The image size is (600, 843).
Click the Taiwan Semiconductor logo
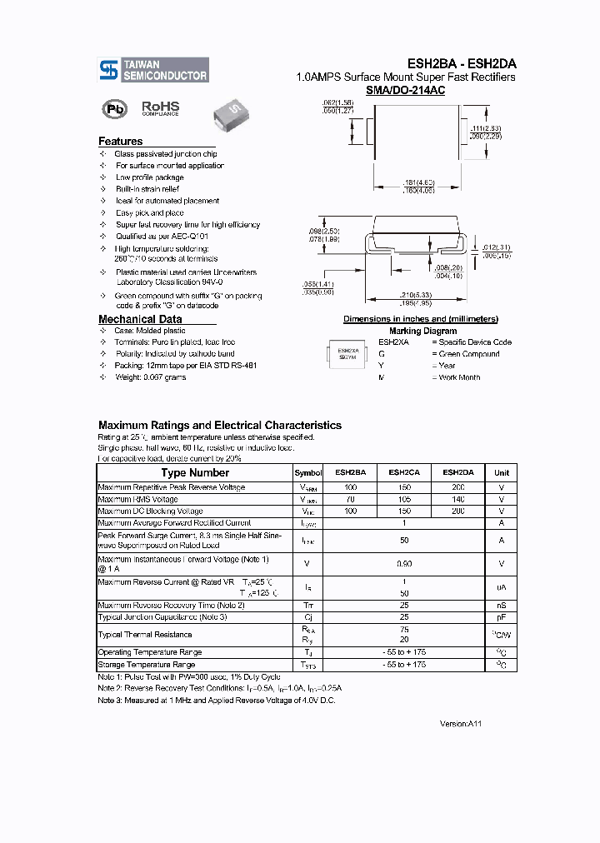pos(153,70)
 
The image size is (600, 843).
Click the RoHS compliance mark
pos(160,108)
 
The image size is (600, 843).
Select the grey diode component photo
pos(229,110)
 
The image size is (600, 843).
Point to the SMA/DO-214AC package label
pos(406,90)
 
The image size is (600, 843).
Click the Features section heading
pos(121,142)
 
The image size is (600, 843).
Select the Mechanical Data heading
pos(140,319)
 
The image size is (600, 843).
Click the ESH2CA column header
pos(404,472)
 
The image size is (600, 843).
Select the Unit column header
pos(502,472)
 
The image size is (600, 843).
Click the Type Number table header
pos(195,472)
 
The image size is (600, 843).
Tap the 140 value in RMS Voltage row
pos(457,499)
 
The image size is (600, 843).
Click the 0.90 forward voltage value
pos(404,564)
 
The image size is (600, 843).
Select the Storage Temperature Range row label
pos(147,665)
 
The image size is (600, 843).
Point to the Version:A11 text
pos(460,724)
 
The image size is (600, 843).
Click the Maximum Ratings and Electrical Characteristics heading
pos(220,425)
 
